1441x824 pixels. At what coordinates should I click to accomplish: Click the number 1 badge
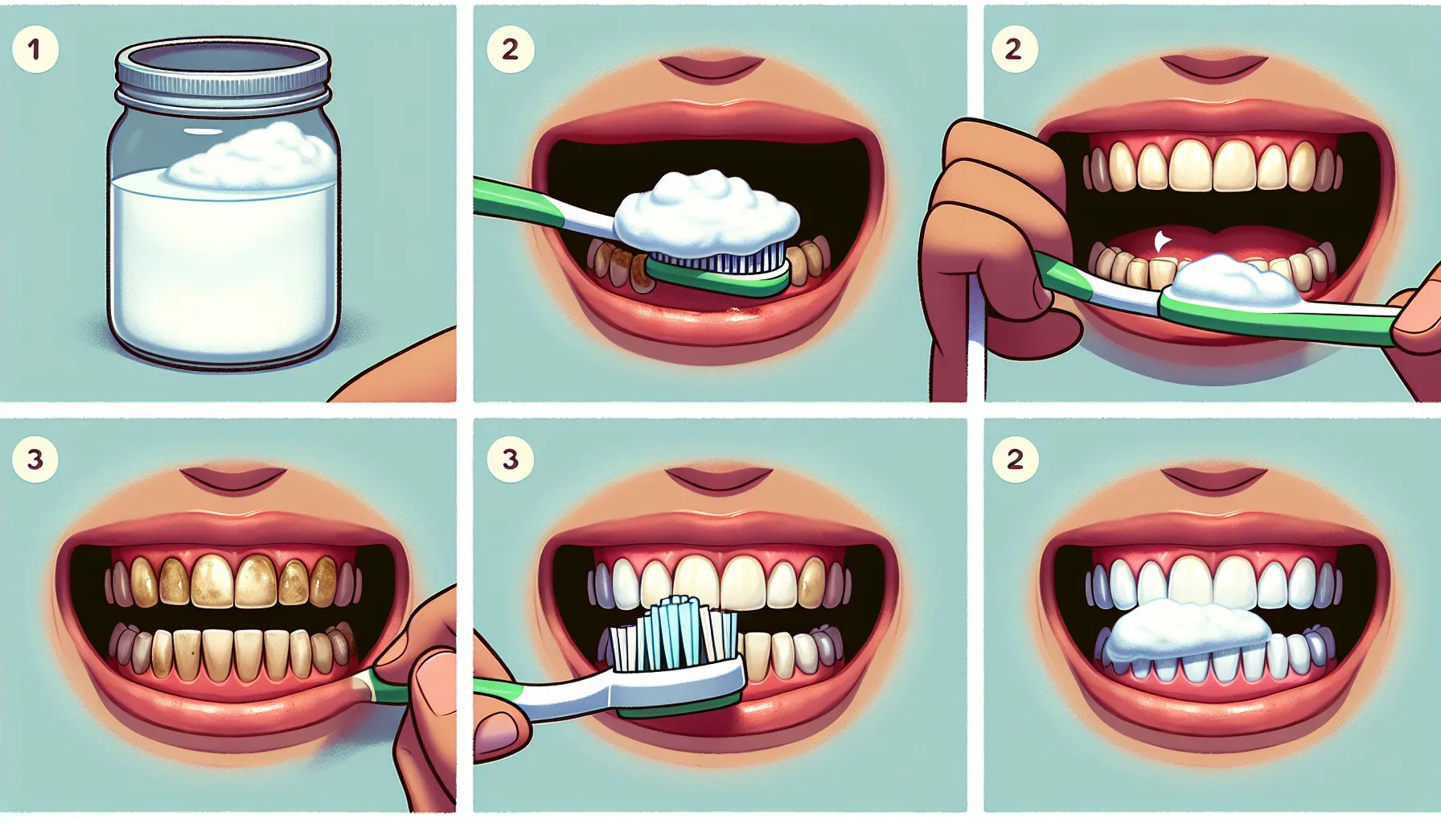click(x=35, y=49)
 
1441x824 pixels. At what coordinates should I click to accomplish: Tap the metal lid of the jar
click(x=223, y=65)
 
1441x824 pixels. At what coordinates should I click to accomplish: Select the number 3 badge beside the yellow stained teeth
click(x=35, y=459)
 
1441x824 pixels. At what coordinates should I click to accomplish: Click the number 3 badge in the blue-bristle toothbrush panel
click(x=510, y=459)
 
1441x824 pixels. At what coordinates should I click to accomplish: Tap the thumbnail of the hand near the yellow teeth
click(x=434, y=680)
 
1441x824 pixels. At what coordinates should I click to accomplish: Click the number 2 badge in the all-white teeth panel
click(x=1015, y=459)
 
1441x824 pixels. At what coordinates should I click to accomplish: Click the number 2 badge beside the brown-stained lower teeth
click(x=510, y=49)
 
